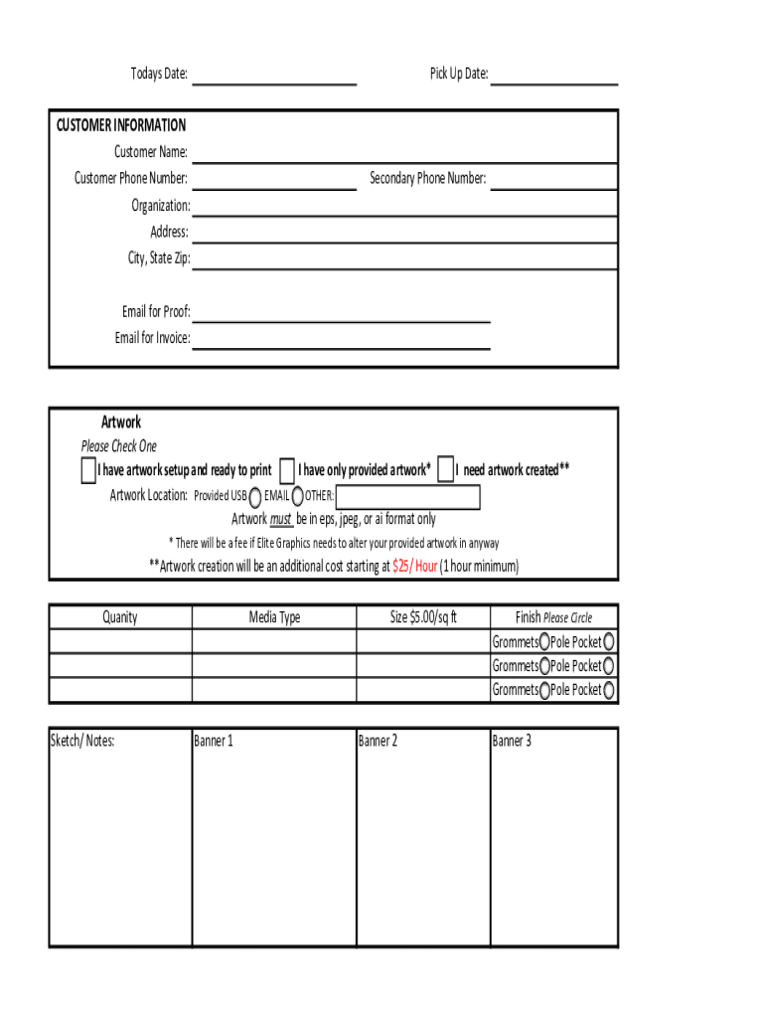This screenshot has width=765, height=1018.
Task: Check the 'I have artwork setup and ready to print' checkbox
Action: [88, 470]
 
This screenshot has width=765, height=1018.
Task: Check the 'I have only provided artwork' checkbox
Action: [287, 470]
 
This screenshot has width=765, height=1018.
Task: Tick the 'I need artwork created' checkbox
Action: [446, 470]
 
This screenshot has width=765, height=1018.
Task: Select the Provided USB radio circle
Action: [255, 497]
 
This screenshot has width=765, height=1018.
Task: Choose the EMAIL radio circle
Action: [297, 497]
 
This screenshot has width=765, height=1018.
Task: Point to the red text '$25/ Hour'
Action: [415, 567]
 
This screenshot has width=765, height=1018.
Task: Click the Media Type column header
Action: [274, 617]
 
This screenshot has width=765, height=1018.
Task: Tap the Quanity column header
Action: [120, 617]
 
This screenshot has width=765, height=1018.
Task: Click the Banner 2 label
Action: [379, 741]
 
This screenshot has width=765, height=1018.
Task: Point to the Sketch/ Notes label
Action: [82, 741]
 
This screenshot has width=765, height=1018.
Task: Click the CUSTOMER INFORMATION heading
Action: [120, 125]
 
